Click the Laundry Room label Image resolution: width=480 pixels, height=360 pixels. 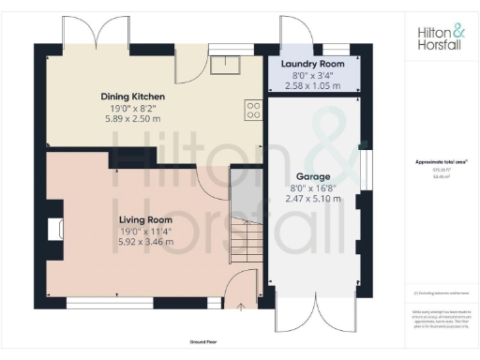[313, 64]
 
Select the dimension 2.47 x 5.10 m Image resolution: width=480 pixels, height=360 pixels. [314, 200]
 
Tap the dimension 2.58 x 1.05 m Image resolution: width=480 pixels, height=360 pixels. [313, 85]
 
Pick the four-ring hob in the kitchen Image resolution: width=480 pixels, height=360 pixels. [253, 111]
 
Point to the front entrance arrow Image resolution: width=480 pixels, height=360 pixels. [242, 306]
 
